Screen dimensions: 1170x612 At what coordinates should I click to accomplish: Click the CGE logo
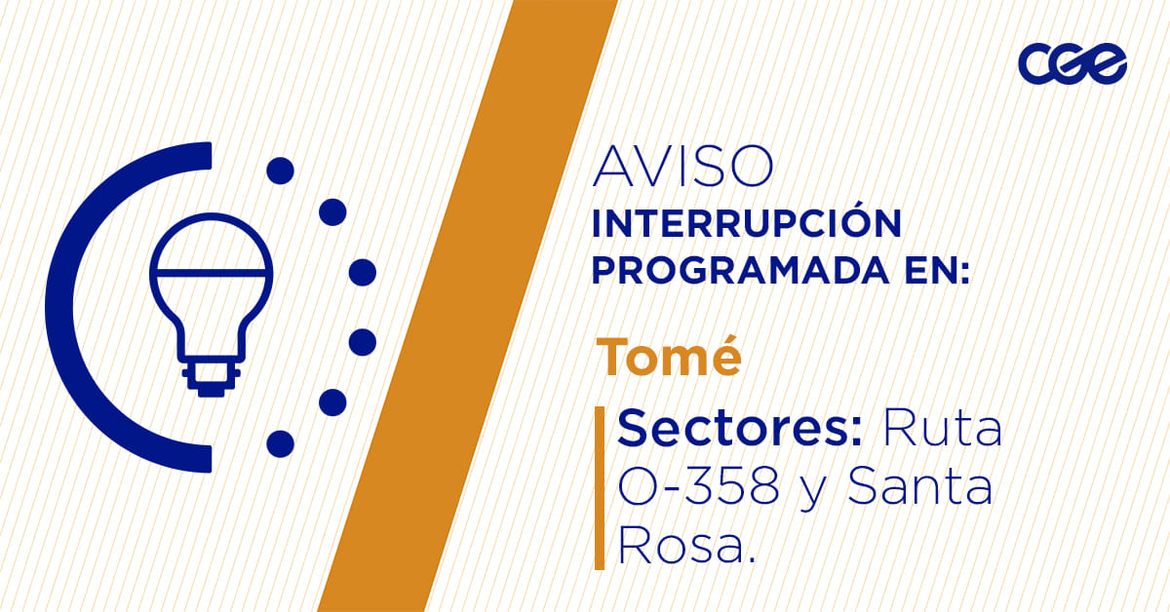pos(1072,63)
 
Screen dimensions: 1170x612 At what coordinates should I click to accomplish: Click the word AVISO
pos(682,166)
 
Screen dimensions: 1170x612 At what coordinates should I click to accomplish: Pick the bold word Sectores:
pos(740,428)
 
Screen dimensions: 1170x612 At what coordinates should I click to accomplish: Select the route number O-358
pos(698,486)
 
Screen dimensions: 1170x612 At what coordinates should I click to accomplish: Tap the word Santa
pos(919,486)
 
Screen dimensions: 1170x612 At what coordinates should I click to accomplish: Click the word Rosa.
pos(686,546)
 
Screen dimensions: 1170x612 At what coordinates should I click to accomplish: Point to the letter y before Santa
pos(810,493)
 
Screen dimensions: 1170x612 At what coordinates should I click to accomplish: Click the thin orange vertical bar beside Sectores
pos(600,487)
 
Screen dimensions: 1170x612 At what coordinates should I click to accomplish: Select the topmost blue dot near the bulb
pos(281,171)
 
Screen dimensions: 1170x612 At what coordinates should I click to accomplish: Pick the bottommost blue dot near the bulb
pos(281,443)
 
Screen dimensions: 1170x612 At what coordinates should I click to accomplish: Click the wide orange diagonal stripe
pos(468,306)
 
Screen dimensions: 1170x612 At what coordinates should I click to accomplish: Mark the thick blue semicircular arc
pos(60,307)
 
